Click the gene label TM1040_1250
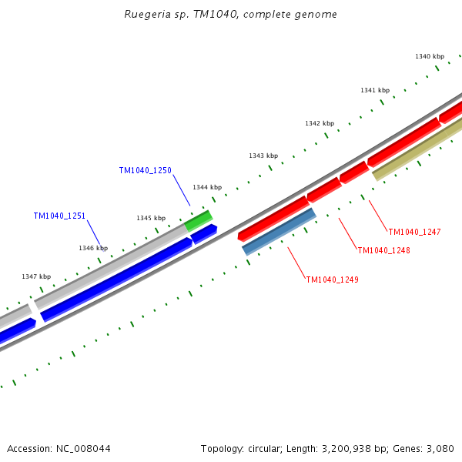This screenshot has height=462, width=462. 145,170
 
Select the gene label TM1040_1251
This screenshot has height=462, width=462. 59,216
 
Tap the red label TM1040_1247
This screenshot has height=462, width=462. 414,232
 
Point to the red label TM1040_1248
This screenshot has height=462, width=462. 383,250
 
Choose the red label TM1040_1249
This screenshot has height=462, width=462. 332,280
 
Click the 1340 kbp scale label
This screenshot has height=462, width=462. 430,56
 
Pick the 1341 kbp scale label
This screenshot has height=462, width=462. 375,90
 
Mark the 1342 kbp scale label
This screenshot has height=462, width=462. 320,123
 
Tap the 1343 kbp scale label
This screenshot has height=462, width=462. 263,156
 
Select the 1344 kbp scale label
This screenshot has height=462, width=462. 207,187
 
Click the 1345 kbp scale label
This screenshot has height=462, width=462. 151,218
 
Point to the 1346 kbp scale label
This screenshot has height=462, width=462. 93,248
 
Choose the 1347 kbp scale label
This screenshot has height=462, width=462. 36,276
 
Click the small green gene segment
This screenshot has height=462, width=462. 199,220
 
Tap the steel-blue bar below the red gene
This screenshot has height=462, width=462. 279,231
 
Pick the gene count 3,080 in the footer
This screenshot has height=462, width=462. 439,448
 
